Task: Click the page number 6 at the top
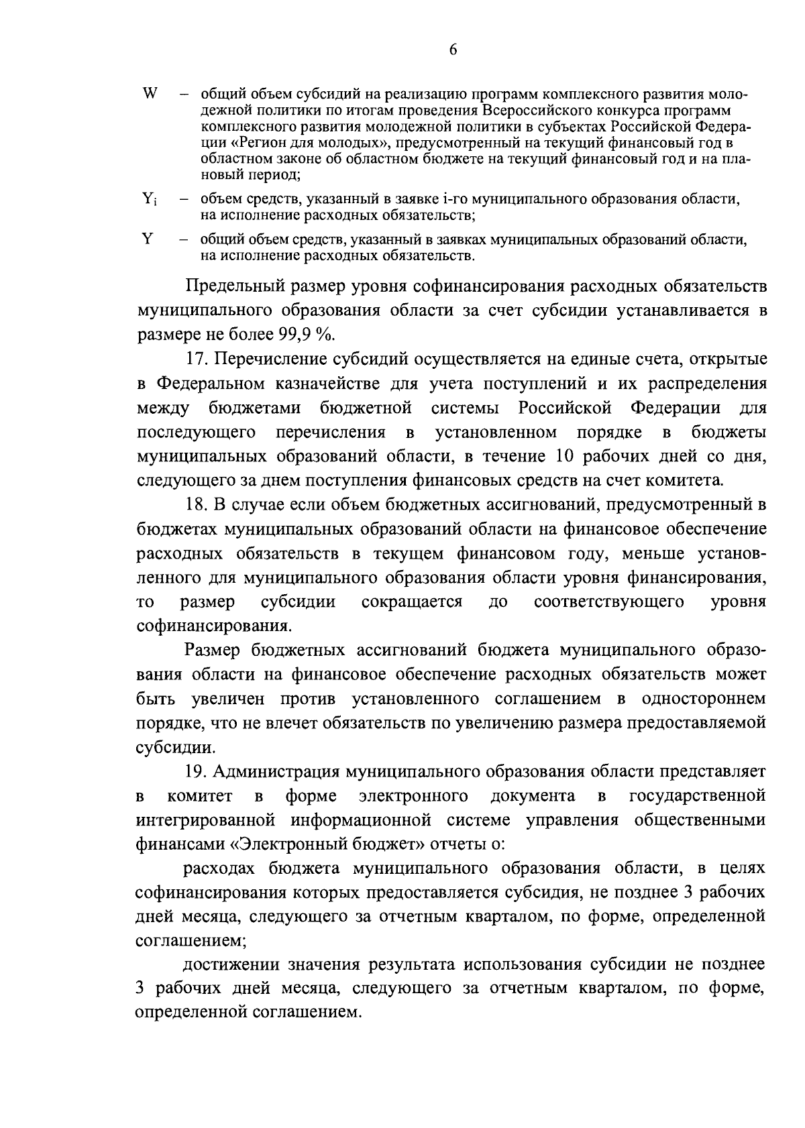453,51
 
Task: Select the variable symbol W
149,94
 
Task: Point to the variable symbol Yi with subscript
149,199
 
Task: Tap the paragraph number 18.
197,504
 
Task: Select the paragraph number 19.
197,772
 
